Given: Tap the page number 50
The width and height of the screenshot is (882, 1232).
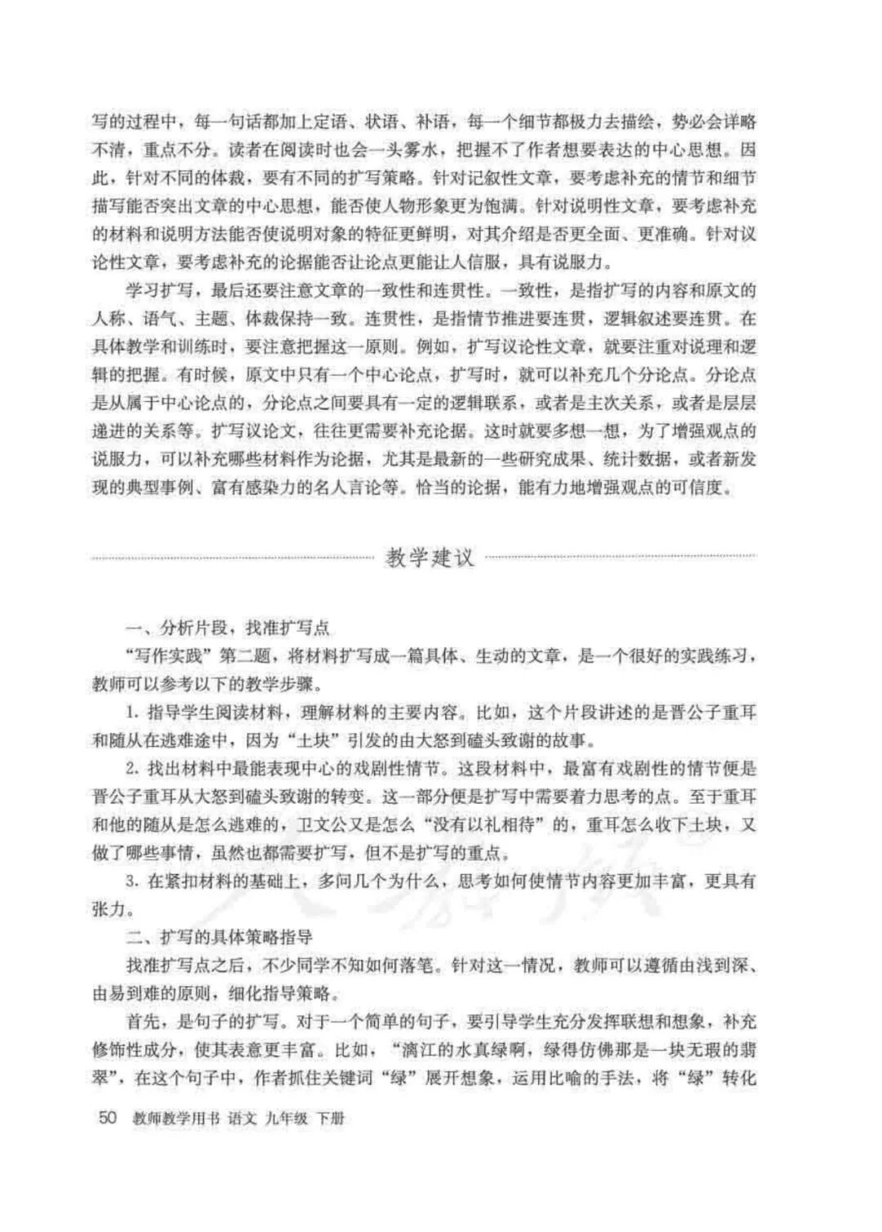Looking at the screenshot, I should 109,1118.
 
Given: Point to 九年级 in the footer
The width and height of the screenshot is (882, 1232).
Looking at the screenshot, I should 285,1118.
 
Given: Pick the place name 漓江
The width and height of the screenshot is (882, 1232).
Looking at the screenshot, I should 425,1048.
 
